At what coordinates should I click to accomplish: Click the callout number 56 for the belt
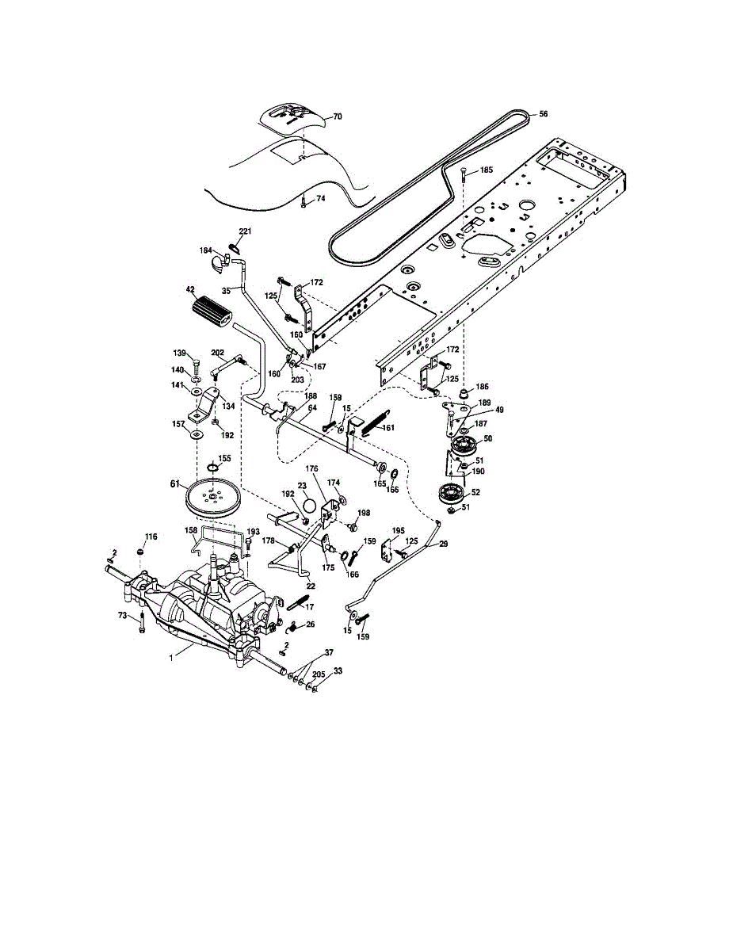point(544,113)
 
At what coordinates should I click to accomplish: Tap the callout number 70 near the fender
point(337,116)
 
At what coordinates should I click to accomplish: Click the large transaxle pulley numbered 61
point(216,497)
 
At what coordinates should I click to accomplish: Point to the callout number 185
point(486,170)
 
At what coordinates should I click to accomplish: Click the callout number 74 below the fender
point(320,198)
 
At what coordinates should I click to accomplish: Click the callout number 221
point(246,231)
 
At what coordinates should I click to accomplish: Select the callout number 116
point(151,537)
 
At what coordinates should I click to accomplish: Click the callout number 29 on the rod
point(443,544)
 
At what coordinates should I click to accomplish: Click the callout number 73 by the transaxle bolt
point(123,614)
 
